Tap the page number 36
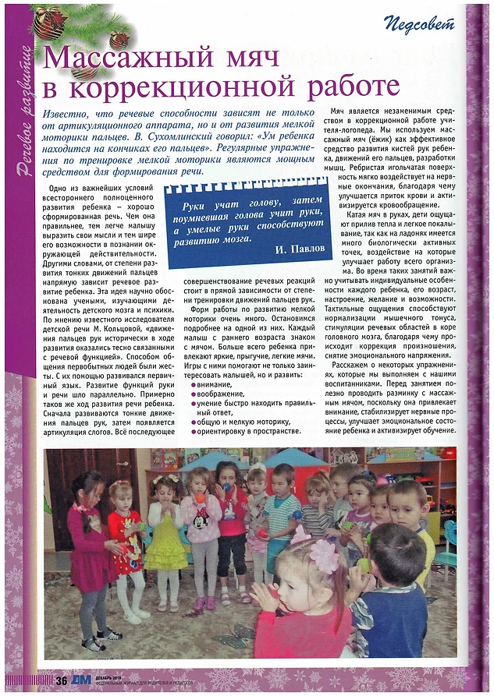point(61,680)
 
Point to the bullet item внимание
point(211,383)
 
